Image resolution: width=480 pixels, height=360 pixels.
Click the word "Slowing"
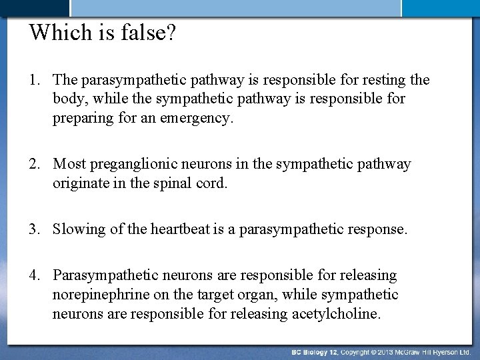click(79, 231)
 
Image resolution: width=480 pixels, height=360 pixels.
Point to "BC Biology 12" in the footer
click(318, 351)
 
